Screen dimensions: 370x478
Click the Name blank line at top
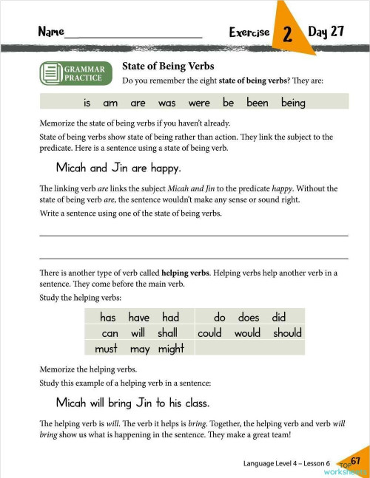point(133,35)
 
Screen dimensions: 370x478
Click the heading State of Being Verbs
point(168,66)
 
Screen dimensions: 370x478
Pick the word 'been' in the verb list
point(257,103)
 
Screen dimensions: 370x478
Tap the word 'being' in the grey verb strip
point(293,103)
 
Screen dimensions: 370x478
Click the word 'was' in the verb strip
point(166,103)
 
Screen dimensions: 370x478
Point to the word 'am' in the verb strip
point(110,103)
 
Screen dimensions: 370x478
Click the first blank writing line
point(192,234)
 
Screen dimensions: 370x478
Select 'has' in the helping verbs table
point(108,318)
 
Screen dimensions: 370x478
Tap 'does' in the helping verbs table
point(248,318)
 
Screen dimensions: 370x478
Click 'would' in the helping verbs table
point(247,333)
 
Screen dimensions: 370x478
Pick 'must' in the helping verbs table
point(107,348)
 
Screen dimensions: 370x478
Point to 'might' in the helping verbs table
point(171,348)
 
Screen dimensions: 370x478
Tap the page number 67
point(355,461)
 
